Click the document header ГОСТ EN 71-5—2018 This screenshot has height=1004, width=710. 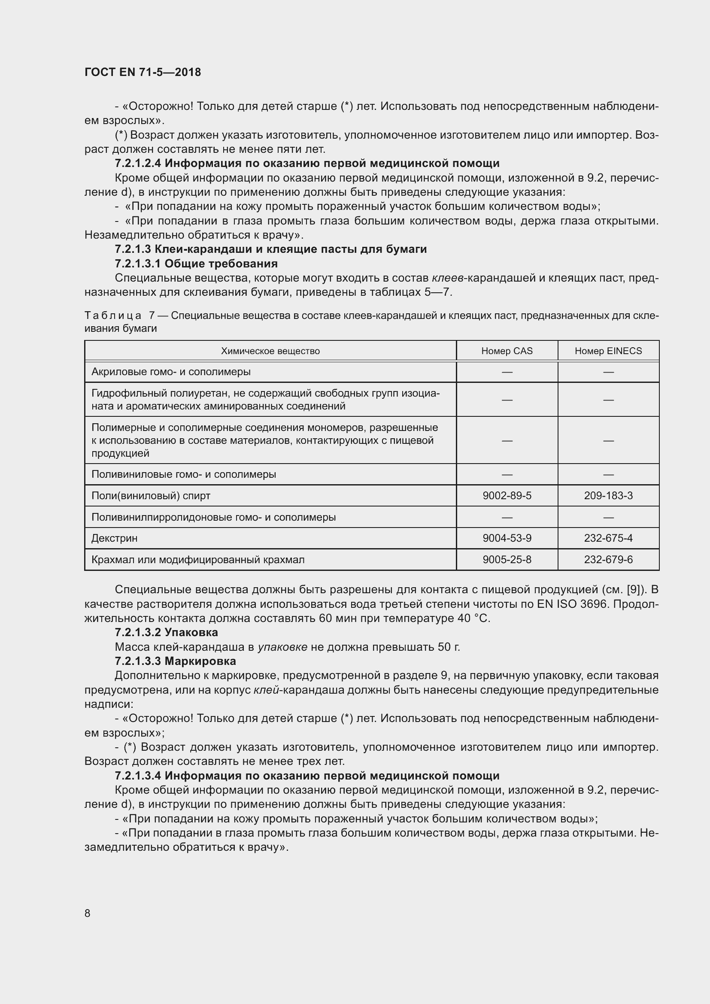click(x=143, y=72)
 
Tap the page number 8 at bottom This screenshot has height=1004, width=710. click(x=88, y=913)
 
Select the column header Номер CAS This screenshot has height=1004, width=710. click(x=507, y=351)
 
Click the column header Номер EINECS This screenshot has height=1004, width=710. click(x=608, y=351)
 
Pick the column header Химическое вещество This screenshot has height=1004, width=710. click(x=270, y=351)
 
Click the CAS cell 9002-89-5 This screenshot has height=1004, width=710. click(x=507, y=495)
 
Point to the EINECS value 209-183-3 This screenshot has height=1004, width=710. click(x=608, y=495)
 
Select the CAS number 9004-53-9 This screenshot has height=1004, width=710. click(x=507, y=538)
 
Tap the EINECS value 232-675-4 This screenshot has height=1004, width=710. click(x=608, y=538)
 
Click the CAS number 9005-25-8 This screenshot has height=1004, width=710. click(x=507, y=559)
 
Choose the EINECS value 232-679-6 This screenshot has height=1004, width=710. click(x=608, y=559)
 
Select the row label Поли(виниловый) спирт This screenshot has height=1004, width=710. click(x=151, y=495)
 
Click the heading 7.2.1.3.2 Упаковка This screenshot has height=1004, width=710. click(x=166, y=632)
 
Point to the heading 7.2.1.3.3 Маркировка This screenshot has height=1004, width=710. click(x=175, y=661)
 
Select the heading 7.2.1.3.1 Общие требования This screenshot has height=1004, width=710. click(x=196, y=263)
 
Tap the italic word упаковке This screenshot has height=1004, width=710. click(x=282, y=647)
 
